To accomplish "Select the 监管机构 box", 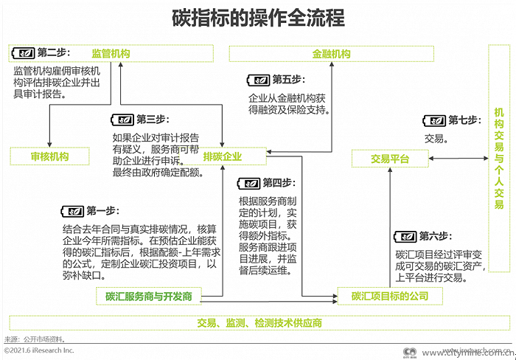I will pos(111,53).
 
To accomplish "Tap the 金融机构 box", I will pos(331,54).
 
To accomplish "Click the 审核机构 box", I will pos(50,156).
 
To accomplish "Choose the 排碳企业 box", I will pos(222,156).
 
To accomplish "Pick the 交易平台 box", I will pos(389,159).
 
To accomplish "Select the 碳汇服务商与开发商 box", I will pos(148,297).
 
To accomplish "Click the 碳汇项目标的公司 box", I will pos(390,297).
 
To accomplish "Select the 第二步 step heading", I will pos(52,52).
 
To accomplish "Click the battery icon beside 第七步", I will pos(434,120).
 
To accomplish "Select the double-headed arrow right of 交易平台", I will pos(457,159).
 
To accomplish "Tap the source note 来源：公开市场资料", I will pos(35,339).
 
